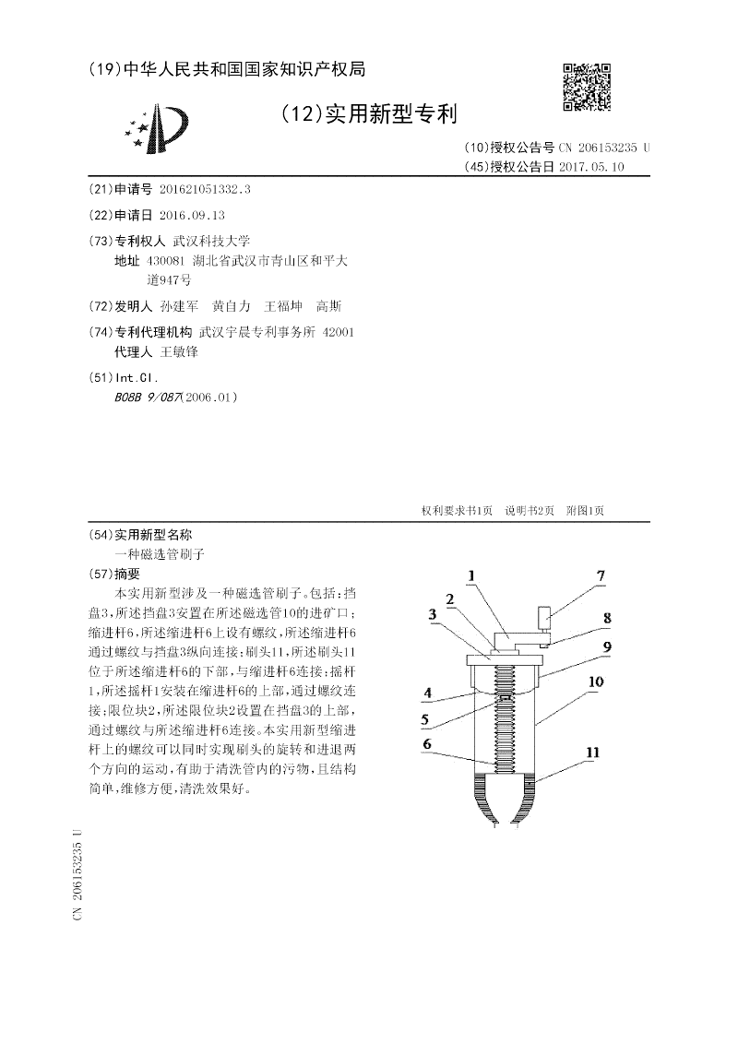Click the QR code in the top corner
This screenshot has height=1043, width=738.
[x=586, y=88]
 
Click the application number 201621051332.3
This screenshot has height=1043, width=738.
[x=205, y=188]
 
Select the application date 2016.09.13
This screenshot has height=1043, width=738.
[x=192, y=214]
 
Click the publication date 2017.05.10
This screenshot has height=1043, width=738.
[x=591, y=167]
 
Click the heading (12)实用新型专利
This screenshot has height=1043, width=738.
[x=367, y=113]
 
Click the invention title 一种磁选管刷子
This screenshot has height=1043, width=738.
[x=158, y=554]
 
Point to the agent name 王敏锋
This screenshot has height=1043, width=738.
[x=179, y=351]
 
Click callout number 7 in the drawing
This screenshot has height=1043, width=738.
[x=601, y=577]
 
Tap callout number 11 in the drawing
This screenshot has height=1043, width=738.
[x=592, y=753]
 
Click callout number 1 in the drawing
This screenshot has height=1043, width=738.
[x=470, y=577]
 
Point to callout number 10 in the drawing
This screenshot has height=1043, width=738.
[x=595, y=682]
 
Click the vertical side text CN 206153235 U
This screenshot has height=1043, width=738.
[x=78, y=875]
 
